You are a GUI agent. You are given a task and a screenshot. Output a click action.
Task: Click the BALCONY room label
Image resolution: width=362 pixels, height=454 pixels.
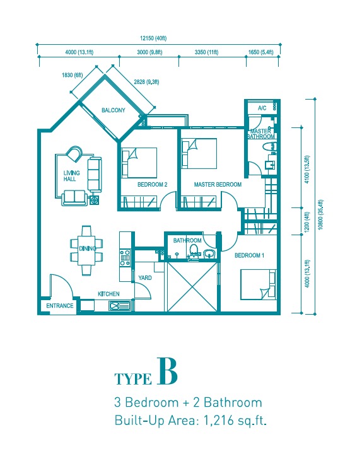[x=114, y=110]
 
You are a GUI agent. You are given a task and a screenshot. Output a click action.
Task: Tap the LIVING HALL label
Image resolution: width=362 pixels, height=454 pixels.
[x=71, y=176]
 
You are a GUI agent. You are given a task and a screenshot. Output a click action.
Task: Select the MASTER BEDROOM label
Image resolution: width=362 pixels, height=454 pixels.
[x=218, y=184]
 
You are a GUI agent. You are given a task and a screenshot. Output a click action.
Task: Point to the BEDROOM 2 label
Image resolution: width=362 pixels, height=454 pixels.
[x=153, y=184]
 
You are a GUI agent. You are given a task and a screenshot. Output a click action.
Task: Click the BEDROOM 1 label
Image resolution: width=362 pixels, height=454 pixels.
[x=249, y=255]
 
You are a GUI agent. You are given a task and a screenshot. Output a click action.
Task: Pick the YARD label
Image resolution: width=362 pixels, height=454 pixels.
[x=145, y=278]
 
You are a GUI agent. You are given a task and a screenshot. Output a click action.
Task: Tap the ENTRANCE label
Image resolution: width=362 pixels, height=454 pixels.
[x=60, y=306]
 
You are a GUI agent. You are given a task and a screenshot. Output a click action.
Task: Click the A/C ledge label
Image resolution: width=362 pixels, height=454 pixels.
[x=262, y=108]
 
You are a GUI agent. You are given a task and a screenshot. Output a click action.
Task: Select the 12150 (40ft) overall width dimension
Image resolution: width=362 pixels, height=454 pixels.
[x=153, y=38]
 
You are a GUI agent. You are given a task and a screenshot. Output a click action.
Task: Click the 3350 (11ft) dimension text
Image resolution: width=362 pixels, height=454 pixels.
[x=206, y=52]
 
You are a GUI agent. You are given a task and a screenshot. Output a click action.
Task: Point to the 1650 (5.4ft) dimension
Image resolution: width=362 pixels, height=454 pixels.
[x=260, y=52]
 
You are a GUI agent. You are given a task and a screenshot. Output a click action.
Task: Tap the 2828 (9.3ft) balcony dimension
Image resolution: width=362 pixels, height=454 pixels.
[x=146, y=82]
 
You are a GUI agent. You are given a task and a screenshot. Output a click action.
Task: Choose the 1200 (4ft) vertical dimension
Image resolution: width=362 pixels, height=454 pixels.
[x=307, y=221]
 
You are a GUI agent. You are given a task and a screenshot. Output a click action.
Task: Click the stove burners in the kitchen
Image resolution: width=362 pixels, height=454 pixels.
[x=125, y=258]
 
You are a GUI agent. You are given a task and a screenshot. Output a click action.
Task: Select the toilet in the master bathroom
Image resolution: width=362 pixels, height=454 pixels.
[x=270, y=147]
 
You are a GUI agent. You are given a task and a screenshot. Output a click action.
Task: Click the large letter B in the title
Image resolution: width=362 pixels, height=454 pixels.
[x=167, y=371]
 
